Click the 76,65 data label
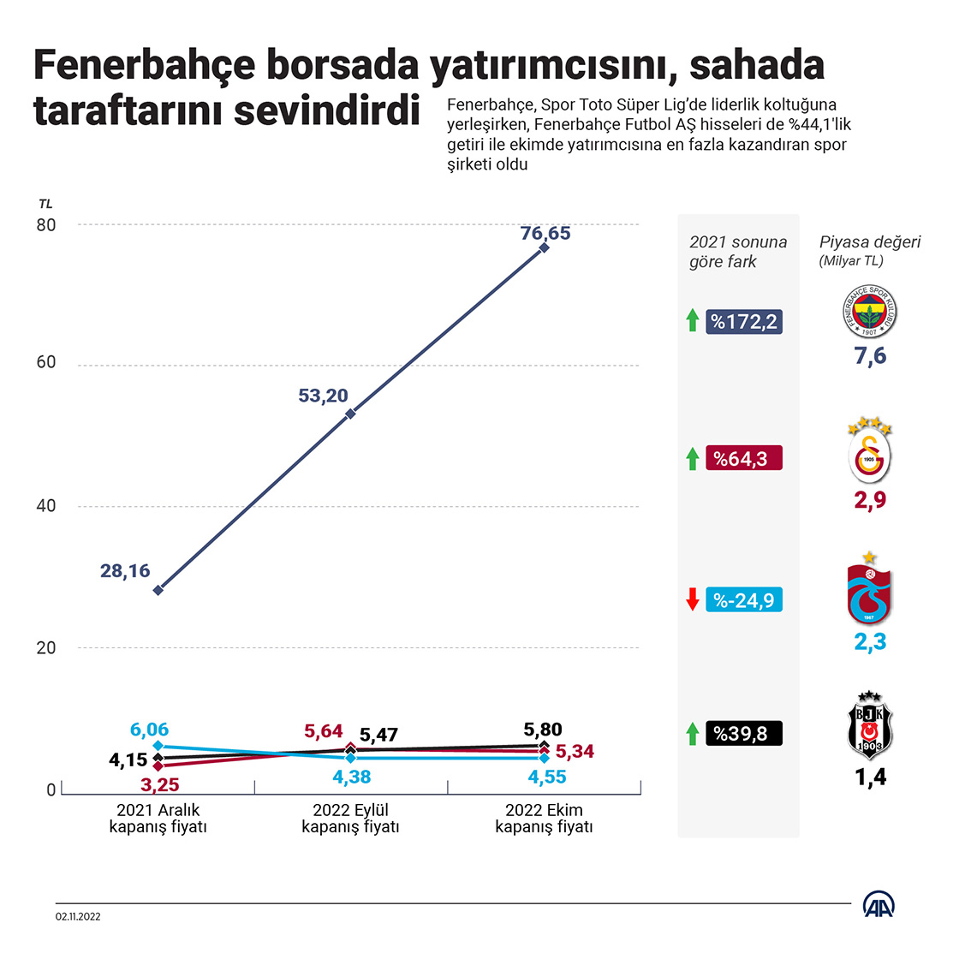click(x=545, y=233)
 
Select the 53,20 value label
click(x=323, y=396)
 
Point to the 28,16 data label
click(x=125, y=570)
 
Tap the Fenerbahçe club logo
click(x=869, y=312)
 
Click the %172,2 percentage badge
click(x=744, y=322)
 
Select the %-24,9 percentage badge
click(x=744, y=600)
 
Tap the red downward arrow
click(x=693, y=600)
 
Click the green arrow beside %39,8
click(x=693, y=734)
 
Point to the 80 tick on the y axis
click(x=46, y=225)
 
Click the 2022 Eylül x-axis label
click(x=350, y=819)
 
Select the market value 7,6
click(x=870, y=356)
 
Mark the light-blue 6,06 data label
click(x=150, y=730)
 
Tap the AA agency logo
click(x=880, y=904)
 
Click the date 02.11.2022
click(x=79, y=916)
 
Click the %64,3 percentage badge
click(x=744, y=459)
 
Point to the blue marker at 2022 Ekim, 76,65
click(x=544, y=247)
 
